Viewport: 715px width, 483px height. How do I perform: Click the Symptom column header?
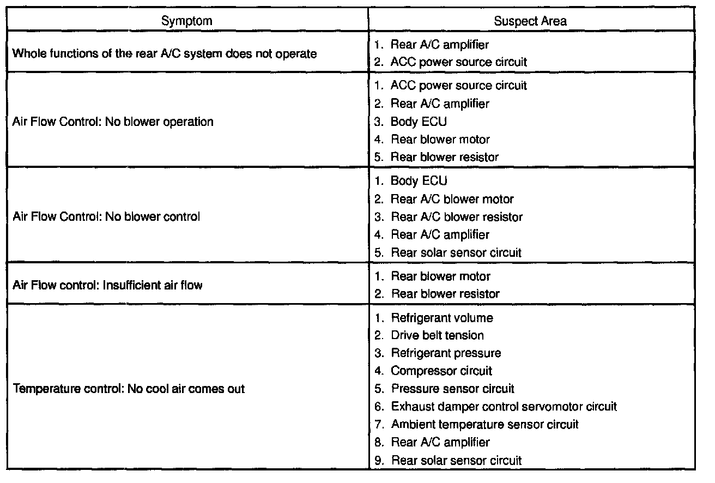click(186, 21)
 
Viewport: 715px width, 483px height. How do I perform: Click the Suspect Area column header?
click(530, 21)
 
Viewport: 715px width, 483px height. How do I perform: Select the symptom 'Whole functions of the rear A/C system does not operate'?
click(164, 54)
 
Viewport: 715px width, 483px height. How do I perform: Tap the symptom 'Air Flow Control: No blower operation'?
click(113, 122)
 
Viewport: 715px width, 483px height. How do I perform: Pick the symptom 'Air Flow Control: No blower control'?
click(106, 216)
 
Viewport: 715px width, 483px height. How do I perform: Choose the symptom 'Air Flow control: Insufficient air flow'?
click(107, 285)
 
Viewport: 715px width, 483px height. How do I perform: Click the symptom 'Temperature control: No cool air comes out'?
click(129, 389)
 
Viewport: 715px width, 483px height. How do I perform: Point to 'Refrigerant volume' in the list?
click(441, 318)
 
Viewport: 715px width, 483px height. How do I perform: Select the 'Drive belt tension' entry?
click(437, 335)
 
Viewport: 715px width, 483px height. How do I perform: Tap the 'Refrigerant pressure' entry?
click(446, 353)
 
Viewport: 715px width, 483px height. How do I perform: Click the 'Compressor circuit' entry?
click(441, 371)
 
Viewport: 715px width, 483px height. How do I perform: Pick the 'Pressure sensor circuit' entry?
click(452, 389)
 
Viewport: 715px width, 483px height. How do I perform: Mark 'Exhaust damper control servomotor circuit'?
click(504, 407)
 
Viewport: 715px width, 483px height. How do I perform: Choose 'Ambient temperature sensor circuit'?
click(484, 424)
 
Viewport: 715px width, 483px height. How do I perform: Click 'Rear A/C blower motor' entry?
click(452, 199)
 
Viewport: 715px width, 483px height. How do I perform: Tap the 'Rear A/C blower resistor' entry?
click(457, 217)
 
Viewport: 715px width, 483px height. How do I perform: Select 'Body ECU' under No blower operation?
click(419, 122)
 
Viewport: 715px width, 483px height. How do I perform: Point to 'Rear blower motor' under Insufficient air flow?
click(440, 276)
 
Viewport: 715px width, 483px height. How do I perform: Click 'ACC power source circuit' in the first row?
click(459, 62)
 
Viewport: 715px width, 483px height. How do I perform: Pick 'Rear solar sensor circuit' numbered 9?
click(456, 460)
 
